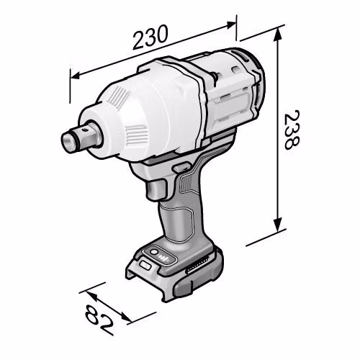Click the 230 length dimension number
point(150,37)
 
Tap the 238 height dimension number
point(291,130)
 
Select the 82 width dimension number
point(99,319)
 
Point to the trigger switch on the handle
point(156,189)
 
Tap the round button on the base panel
point(154,252)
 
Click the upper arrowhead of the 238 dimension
point(278,35)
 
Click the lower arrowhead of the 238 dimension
point(278,225)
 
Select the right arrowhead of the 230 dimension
point(231,24)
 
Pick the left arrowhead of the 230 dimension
point(75,76)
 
